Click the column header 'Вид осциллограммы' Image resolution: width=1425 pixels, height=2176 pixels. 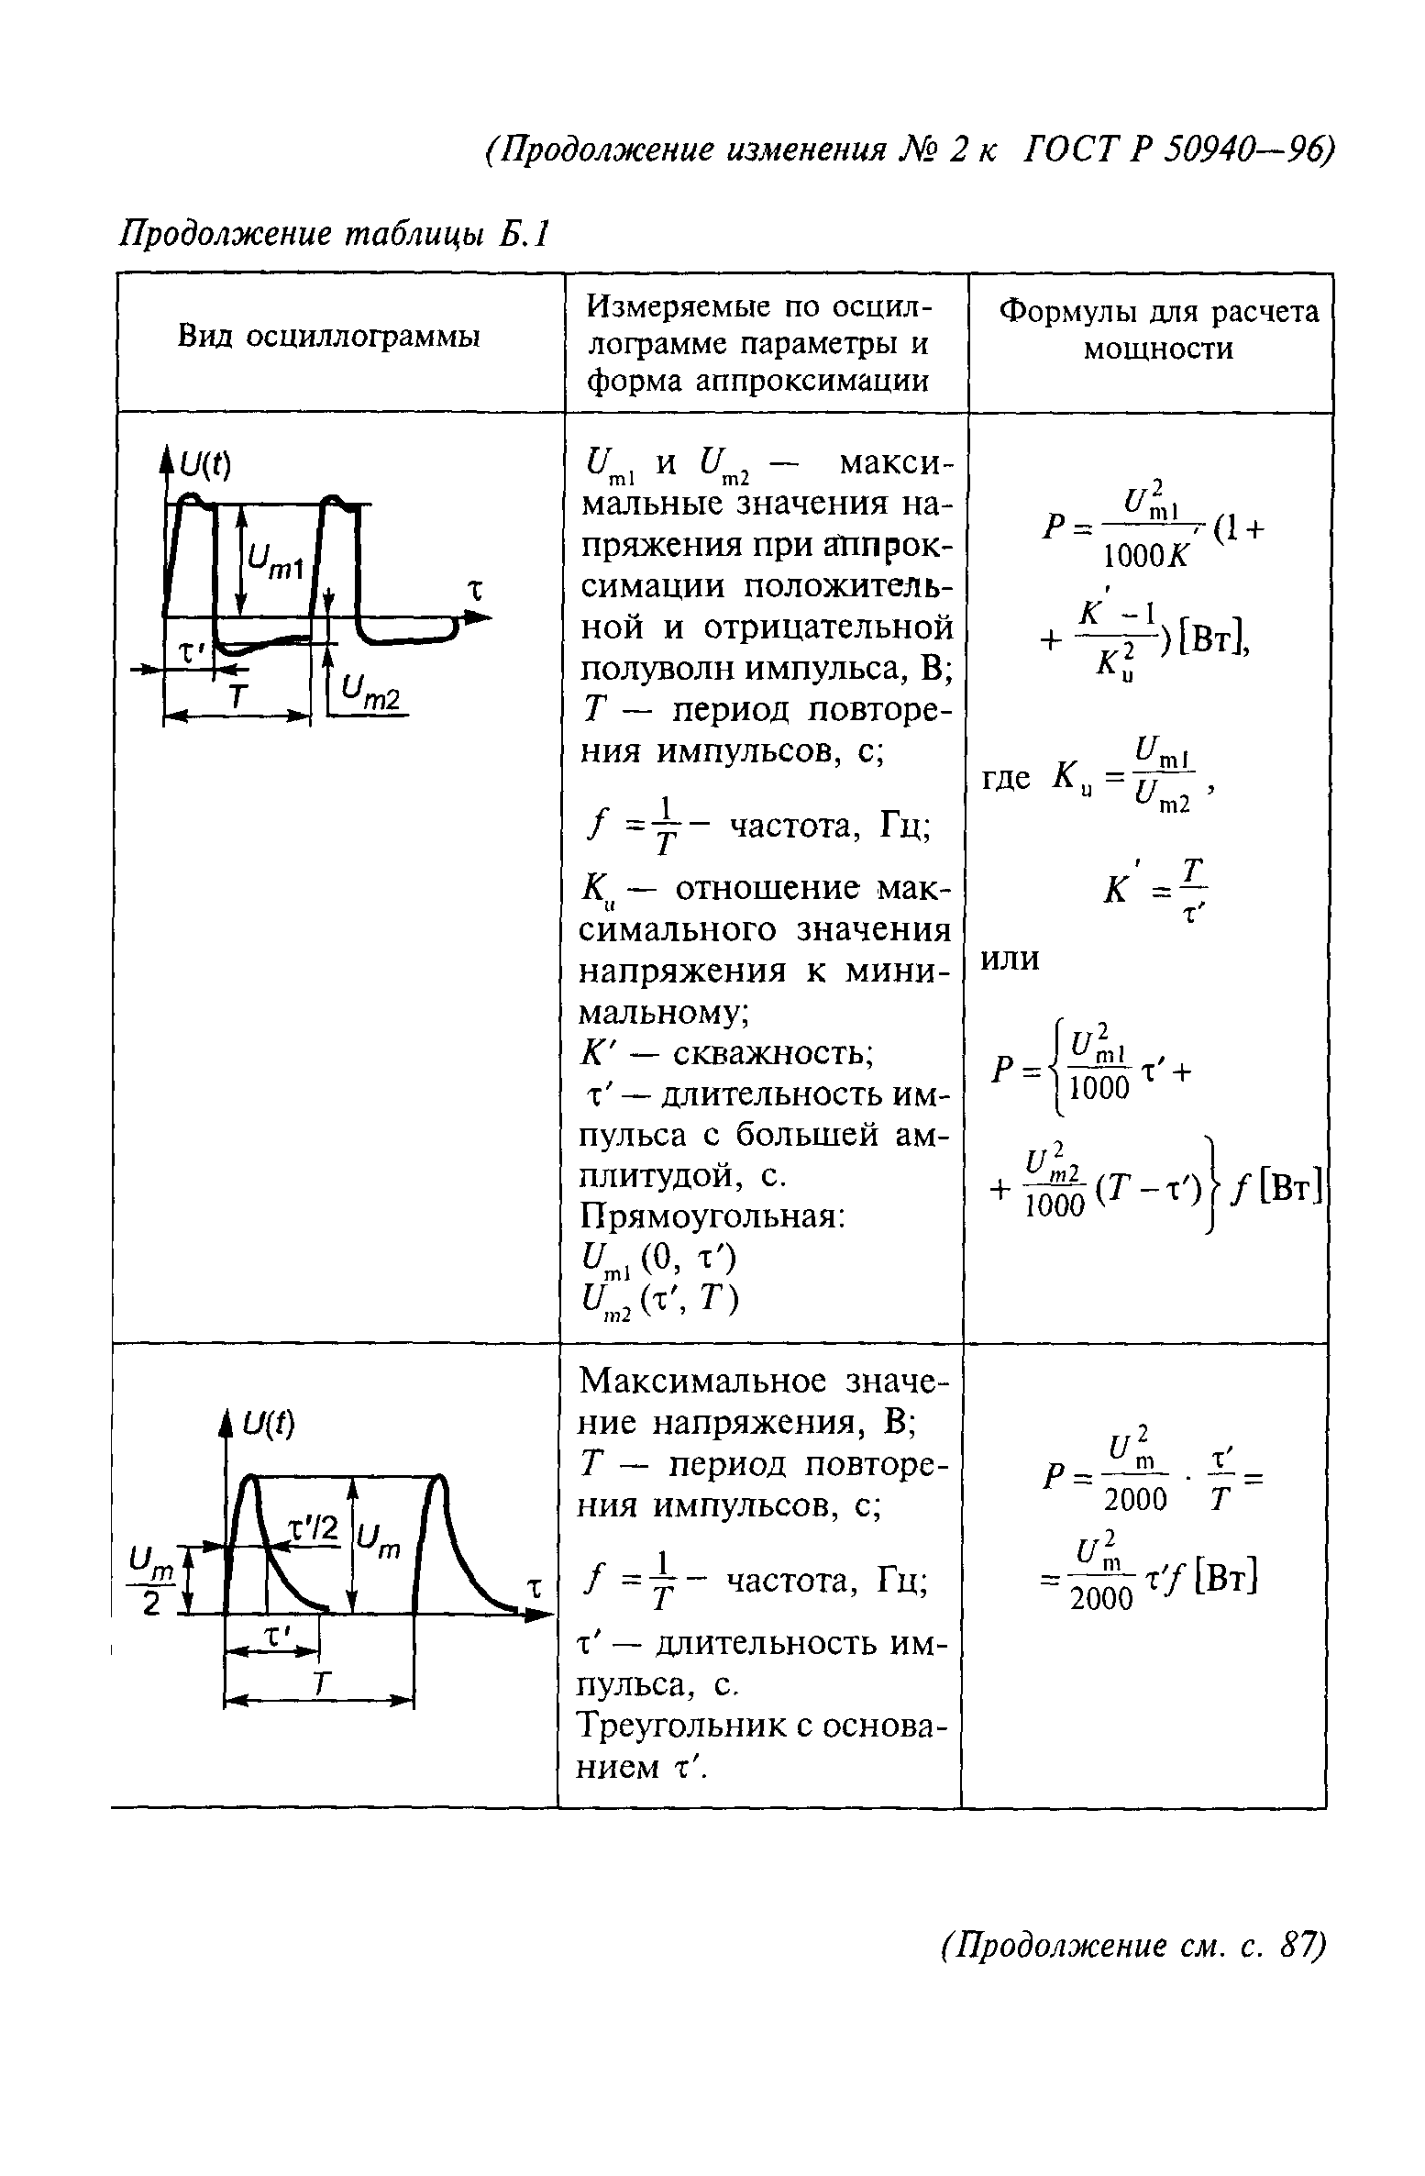click(x=329, y=338)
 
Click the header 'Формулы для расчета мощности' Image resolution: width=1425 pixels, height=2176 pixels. click(x=1158, y=330)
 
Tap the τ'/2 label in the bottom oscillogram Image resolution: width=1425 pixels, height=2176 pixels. click(x=314, y=1528)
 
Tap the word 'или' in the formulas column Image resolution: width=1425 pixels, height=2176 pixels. click(x=1011, y=959)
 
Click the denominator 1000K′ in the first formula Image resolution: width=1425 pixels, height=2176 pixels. click(x=1145, y=555)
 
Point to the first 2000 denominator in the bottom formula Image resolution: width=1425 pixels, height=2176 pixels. click(x=1135, y=1500)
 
